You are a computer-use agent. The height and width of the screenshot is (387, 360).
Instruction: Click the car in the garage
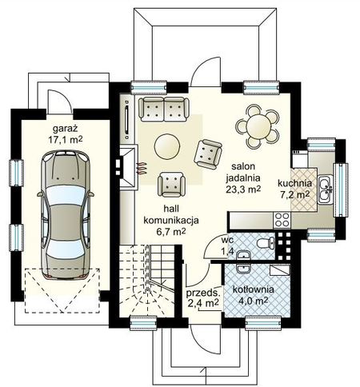pyautogui.click(x=66, y=214)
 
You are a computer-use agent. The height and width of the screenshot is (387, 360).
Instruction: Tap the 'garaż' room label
pyautogui.click(x=65, y=129)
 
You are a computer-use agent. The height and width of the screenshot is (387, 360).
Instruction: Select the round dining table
pyautogui.click(x=258, y=126)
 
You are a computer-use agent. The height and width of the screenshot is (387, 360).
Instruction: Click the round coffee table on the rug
pyautogui.click(x=167, y=146)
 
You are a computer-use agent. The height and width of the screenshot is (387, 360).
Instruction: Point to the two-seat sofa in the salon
pyautogui.click(x=164, y=110)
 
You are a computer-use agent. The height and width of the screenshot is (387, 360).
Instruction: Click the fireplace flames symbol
pyautogui.click(x=142, y=169)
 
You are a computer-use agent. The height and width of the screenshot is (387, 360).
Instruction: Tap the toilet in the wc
pyautogui.click(x=266, y=243)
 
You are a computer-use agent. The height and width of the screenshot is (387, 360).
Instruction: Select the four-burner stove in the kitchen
pyautogui.click(x=282, y=220)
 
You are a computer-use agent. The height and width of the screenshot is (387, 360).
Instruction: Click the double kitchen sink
pyautogui.click(x=325, y=190)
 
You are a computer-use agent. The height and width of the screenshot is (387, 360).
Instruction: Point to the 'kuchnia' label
pyautogui.click(x=294, y=183)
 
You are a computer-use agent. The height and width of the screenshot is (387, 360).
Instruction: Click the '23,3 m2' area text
pyautogui.click(x=243, y=189)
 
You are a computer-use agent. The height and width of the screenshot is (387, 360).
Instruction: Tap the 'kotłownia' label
pyautogui.click(x=253, y=289)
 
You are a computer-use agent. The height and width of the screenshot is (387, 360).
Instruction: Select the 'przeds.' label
pyautogui.click(x=203, y=293)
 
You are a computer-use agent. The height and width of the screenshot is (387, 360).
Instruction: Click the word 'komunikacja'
pyautogui.click(x=171, y=221)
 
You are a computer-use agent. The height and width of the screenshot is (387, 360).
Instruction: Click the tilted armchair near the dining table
pyautogui.click(x=208, y=154)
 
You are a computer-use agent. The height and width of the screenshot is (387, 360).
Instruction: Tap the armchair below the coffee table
pyautogui.click(x=171, y=185)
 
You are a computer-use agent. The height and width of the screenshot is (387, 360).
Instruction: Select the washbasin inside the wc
pyautogui.click(x=243, y=255)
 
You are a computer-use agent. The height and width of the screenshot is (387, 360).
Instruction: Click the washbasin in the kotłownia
pyautogui.click(x=243, y=269)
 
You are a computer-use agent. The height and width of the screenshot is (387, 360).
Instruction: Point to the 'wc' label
pyautogui.click(x=227, y=240)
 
